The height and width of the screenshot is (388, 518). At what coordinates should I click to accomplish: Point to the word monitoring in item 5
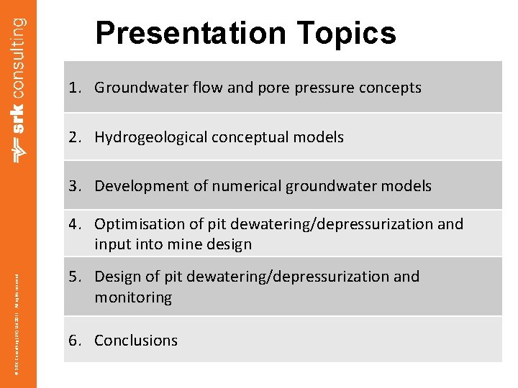(x=133, y=297)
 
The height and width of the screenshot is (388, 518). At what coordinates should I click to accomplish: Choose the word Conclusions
(x=136, y=341)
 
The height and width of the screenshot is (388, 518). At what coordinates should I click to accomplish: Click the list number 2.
(x=73, y=137)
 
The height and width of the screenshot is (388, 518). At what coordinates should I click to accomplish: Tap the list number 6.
(x=73, y=341)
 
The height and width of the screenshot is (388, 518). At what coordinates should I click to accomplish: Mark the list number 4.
(x=73, y=224)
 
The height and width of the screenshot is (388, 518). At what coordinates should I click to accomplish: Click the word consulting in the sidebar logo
(x=19, y=51)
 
